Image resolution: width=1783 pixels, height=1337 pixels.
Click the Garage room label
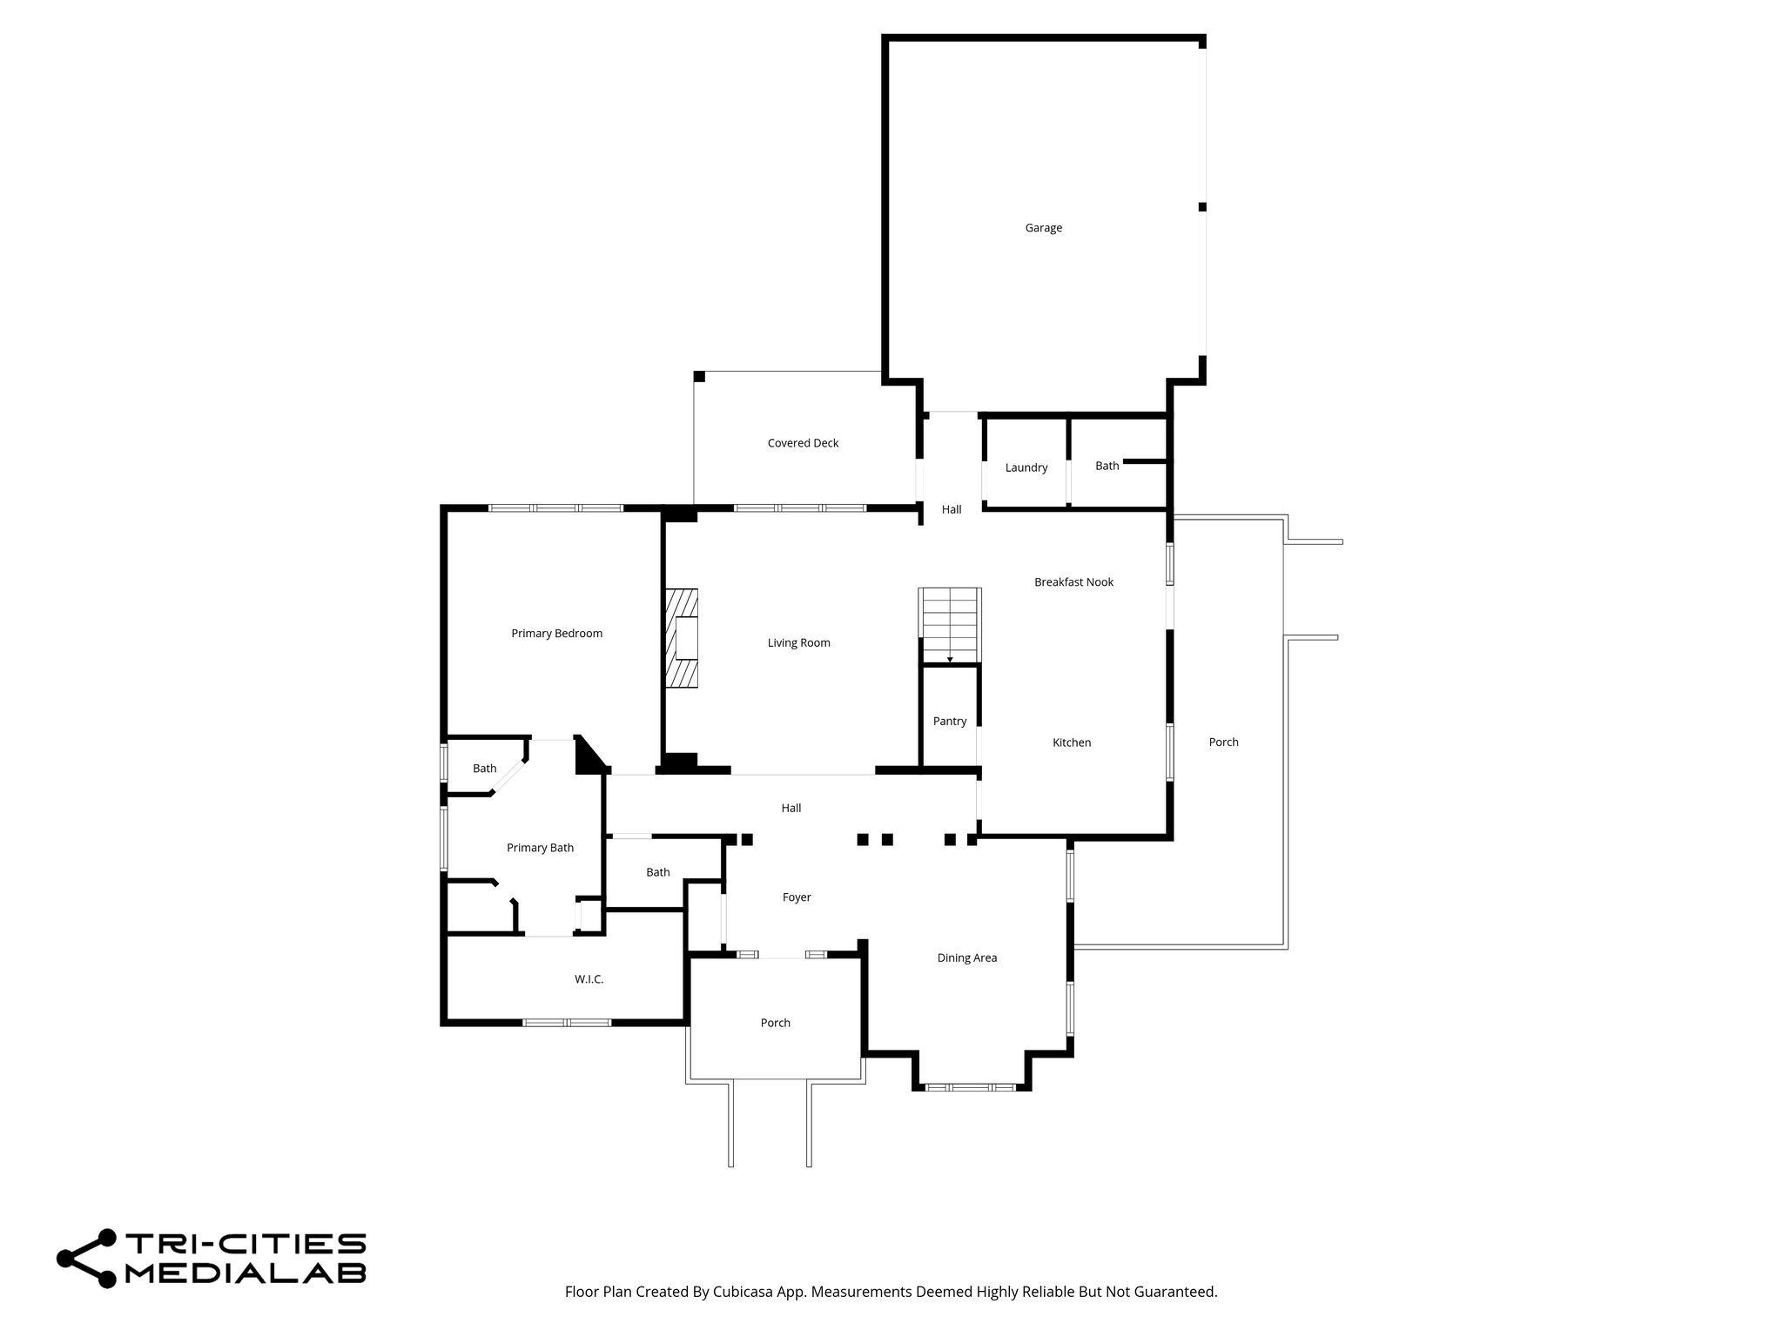pyautogui.click(x=1043, y=228)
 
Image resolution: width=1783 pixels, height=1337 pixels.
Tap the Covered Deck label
pyautogui.click(x=803, y=443)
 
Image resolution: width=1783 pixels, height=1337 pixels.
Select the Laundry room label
pyautogui.click(x=1026, y=467)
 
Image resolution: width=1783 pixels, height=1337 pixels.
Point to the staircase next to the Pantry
pyautogui.click(x=950, y=625)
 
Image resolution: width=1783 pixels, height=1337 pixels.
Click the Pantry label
pyautogui.click(x=950, y=721)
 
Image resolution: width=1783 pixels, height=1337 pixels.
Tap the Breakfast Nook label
pyautogui.click(x=1073, y=582)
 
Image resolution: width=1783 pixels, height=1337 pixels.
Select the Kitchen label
pyautogui.click(x=1071, y=742)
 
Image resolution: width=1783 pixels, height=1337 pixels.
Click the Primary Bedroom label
pyautogui.click(x=556, y=634)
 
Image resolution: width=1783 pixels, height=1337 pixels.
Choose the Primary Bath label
pyautogui.click(x=540, y=848)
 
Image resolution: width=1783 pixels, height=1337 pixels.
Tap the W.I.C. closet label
pyautogui.click(x=589, y=979)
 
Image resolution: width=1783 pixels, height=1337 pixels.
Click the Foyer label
pyautogui.click(x=797, y=897)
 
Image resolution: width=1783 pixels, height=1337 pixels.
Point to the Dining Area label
pyautogui.click(x=966, y=957)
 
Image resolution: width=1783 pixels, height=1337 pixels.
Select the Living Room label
pyautogui.click(x=798, y=643)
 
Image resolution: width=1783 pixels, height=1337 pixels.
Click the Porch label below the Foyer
pyautogui.click(x=775, y=1023)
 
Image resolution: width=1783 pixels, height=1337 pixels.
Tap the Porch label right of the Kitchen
pyautogui.click(x=1223, y=742)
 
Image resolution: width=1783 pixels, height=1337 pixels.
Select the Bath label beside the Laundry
pyautogui.click(x=1107, y=466)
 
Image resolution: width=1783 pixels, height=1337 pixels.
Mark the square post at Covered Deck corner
pyautogui.click(x=699, y=376)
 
